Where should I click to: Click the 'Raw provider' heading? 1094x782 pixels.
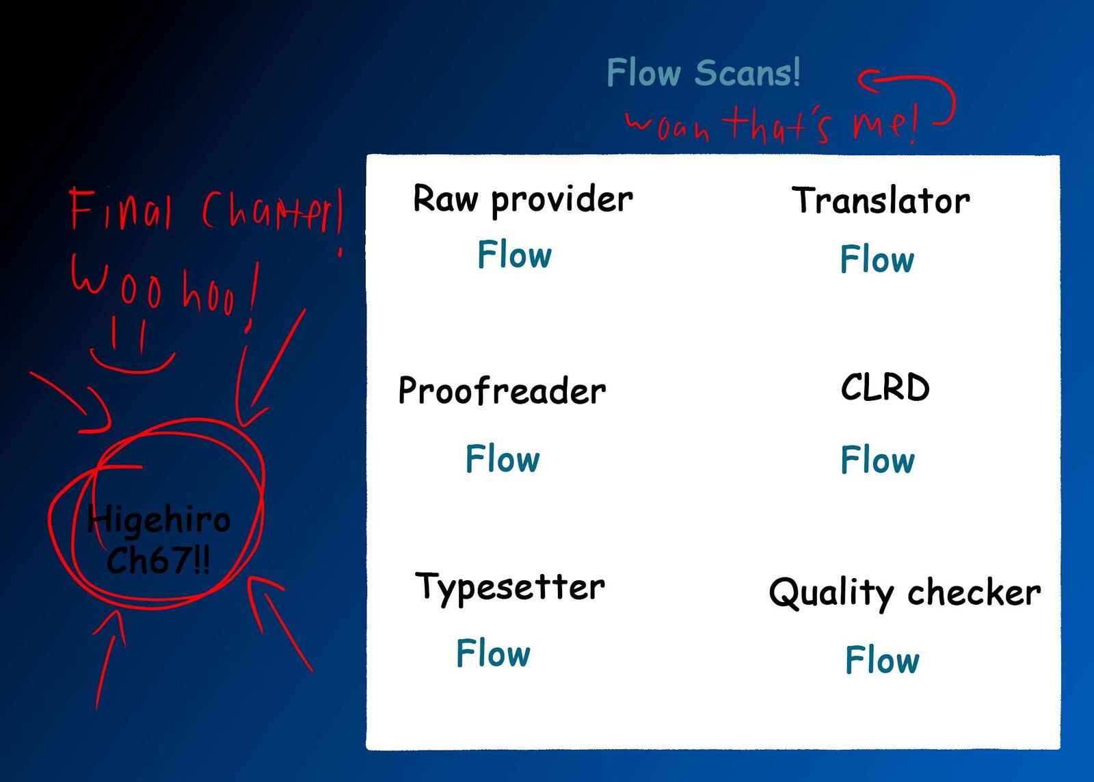click(523, 200)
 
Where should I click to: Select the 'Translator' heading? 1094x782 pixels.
click(881, 201)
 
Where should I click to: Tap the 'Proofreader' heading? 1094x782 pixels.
click(502, 391)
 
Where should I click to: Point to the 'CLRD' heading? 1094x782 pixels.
click(885, 388)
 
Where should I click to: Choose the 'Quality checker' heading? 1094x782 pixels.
click(905, 592)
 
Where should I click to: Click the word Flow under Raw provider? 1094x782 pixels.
click(514, 255)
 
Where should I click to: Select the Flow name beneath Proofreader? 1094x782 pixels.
click(503, 459)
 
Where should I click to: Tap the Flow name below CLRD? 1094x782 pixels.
click(877, 460)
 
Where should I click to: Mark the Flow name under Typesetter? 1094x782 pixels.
click(493, 653)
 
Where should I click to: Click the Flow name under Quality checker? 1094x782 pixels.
click(882, 660)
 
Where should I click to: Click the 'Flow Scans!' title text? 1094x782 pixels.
click(703, 73)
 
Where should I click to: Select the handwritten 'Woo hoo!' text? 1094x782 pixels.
click(164, 287)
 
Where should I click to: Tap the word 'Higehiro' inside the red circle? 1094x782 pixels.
click(160, 520)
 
